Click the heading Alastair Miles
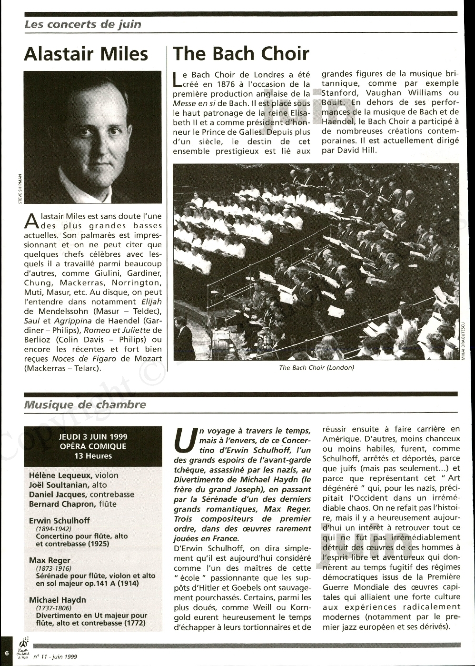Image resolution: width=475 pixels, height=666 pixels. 86,54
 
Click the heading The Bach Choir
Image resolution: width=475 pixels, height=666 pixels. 241,54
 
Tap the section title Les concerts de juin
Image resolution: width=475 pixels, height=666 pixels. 83,24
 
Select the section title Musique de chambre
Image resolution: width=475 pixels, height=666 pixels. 85,405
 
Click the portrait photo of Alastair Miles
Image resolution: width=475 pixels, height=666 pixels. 93,137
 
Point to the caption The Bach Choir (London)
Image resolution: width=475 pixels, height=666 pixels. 317,367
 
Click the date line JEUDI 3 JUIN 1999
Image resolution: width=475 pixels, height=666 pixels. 93,436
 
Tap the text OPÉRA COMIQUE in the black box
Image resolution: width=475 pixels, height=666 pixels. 93,446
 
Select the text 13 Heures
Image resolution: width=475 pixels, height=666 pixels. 93,456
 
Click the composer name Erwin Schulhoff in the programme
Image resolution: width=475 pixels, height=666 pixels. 59,521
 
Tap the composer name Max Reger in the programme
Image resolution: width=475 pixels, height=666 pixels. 49,560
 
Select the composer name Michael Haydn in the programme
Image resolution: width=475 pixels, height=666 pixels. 58,600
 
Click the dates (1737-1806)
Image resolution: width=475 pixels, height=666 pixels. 54,608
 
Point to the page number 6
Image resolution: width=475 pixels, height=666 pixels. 7,652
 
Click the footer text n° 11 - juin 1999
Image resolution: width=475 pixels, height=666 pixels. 55,656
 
